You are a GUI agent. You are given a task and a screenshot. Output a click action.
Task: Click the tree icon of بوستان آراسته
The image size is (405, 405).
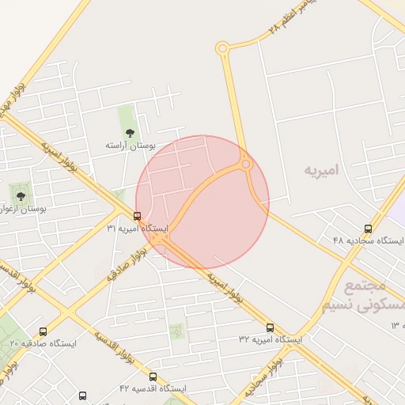(x=130, y=133)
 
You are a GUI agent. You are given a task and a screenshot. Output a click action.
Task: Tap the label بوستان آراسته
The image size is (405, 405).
(x=131, y=146)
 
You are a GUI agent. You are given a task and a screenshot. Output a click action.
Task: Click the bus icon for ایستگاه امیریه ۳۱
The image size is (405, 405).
(x=138, y=216)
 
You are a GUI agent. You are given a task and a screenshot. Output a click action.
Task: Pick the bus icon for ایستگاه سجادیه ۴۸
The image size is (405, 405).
(x=368, y=229)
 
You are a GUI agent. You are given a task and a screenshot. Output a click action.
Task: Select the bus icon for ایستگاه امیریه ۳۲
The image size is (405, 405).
(x=271, y=327)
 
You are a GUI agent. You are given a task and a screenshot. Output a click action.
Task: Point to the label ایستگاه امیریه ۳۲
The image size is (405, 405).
(x=271, y=339)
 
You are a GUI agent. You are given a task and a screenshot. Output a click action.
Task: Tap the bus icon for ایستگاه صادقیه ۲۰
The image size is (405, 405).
(x=43, y=331)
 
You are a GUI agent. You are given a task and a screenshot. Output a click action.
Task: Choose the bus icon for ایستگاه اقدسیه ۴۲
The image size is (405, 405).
(x=153, y=377)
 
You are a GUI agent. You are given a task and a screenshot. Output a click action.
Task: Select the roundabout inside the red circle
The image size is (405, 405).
(x=246, y=164)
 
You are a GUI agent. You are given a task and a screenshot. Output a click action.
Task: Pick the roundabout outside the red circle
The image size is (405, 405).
(x=222, y=49)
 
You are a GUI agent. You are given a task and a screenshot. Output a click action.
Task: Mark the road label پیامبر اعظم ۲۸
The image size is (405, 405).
(x=297, y=17)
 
